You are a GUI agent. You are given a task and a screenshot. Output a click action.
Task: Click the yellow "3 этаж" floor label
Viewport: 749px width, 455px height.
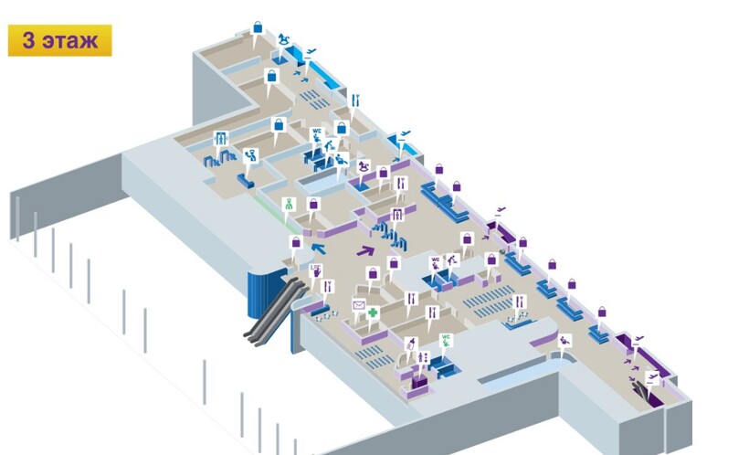tap(59, 41)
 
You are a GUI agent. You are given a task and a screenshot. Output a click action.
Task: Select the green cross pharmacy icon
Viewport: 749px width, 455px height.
tap(373, 313)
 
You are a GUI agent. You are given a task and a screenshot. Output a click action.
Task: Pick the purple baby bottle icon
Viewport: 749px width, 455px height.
tap(411, 344)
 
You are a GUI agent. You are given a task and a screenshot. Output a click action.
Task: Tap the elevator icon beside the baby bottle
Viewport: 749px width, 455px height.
tap(423, 356)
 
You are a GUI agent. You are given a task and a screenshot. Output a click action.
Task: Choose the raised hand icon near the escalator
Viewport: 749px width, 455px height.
tap(315, 270)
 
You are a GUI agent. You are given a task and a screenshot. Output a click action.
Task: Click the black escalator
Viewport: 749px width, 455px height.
tap(274, 311)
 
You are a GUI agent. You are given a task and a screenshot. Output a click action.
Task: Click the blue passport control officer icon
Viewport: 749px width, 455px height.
tap(252, 153)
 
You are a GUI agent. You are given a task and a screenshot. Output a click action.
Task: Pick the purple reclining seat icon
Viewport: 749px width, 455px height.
tap(564, 340)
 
